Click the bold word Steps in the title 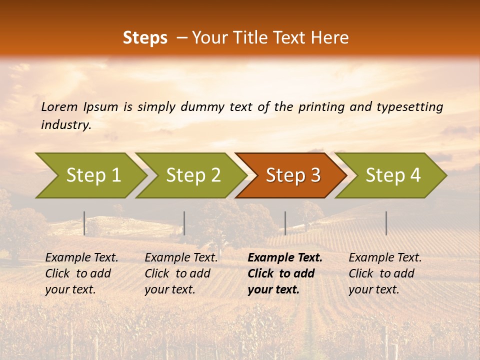[145, 38]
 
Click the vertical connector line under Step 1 [84, 223]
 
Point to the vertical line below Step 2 [184, 223]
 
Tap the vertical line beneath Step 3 [285, 223]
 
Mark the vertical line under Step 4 [386, 223]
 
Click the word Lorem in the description [59, 107]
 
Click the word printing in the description [321, 107]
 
